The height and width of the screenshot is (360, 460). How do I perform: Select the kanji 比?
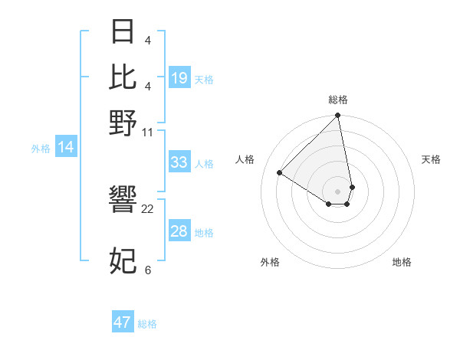pos(123,77)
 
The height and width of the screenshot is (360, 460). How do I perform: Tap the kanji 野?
pos(123,123)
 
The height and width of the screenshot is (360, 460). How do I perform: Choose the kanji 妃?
pos(123,261)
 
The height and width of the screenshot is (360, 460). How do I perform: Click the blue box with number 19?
pos(179,78)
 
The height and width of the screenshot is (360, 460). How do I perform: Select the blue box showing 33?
pos(179,163)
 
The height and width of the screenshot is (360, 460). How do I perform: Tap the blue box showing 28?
pos(179,232)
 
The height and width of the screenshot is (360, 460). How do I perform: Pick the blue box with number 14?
pos(65,148)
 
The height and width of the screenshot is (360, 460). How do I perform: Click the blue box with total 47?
pos(122,322)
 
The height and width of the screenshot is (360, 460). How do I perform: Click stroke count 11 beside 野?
pos(148,132)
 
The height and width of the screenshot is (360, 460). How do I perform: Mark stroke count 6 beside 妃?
pos(148,270)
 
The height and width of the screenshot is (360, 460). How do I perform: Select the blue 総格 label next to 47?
pos(147,324)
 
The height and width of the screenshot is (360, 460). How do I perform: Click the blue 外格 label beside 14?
pos(41,149)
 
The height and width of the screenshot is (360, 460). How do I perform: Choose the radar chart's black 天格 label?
pos(432,159)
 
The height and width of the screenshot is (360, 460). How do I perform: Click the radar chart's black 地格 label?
pos(402,262)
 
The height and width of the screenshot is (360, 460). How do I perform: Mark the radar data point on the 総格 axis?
pos(338,116)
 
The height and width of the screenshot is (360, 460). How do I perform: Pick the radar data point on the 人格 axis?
pos(280,173)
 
